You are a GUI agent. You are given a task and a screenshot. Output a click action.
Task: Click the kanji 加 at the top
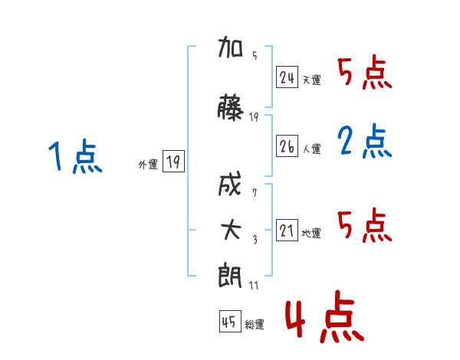pos(230,47)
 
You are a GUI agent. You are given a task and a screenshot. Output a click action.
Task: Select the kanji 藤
pos(230,107)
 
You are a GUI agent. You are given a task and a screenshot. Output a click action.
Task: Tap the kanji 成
pos(230,184)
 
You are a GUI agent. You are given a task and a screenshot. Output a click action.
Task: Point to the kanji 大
pos(231,230)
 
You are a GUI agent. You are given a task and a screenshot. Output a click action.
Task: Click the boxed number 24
pos(287,77)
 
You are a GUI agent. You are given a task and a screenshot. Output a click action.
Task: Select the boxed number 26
pos(287,146)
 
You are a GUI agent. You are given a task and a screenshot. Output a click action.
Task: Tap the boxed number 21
pos(287,230)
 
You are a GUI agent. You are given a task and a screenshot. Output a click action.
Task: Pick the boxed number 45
pos(230,322)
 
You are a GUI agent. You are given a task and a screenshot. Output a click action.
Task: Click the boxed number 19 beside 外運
pos(173,161)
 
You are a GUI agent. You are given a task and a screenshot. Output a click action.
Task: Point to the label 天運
pos(311,80)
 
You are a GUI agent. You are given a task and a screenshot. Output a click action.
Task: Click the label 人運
pos(311,149)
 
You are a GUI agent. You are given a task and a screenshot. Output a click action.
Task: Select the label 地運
pos(311,233)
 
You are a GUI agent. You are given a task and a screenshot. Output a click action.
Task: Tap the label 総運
pos(255,325)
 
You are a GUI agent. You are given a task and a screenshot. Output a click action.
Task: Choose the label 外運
pos(148,165)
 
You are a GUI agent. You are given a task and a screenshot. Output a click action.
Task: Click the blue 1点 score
pos(75,156)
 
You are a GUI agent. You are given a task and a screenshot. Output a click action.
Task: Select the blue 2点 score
pos(365,141)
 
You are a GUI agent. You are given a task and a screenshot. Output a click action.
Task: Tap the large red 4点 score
pos(325,316)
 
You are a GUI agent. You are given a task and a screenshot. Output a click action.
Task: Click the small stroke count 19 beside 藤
pos(254,117)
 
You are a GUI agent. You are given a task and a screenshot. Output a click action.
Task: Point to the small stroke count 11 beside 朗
pos(254,285)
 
